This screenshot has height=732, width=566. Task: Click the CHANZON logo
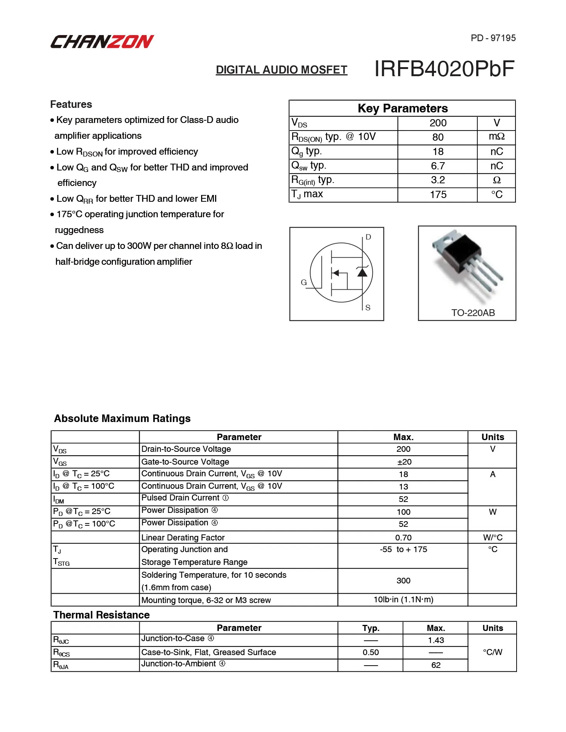pos(102,41)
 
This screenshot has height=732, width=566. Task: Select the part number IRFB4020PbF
pos(444,69)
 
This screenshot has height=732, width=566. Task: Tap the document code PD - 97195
pos(493,38)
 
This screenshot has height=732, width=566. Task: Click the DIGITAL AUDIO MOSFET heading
pos(281,70)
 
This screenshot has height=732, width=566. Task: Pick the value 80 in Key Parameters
pos(438,137)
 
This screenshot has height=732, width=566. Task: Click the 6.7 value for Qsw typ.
pos(438,166)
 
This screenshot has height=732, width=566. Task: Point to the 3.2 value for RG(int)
pos(438,180)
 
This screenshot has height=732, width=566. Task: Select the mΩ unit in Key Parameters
pos(497,137)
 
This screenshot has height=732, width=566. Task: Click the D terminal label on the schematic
pos(368,237)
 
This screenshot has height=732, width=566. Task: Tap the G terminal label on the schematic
pos(304,282)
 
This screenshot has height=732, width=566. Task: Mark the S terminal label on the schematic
pos(368,308)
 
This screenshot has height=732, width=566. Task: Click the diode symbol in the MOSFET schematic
pos(362,272)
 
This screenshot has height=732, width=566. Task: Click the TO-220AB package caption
pos(473,313)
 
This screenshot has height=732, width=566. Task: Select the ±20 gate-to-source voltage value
pos(404,462)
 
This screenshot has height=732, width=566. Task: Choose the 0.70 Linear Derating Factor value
pos(403,537)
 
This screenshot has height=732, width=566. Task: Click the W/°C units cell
pos(492,537)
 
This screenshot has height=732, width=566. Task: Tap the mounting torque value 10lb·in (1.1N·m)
pos(403,600)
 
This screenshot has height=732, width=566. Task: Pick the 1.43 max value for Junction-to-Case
pos(436,640)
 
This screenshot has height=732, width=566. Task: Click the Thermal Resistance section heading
pos(102,615)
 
